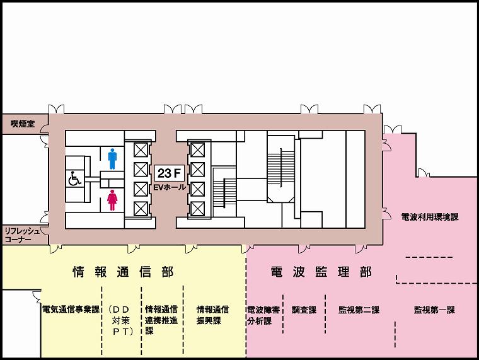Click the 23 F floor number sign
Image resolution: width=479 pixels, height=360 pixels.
[x=170, y=173]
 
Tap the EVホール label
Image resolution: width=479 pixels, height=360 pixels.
[x=170, y=187]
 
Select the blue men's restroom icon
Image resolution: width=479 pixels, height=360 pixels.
[x=112, y=159]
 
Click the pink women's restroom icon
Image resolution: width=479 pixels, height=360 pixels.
[x=112, y=200]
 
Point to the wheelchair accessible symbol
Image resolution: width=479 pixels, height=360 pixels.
[x=74, y=178]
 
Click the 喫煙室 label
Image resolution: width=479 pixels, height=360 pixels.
[x=23, y=124]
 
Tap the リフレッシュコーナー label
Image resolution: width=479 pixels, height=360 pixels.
[x=22, y=235]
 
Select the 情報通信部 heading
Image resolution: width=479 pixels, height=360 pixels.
[x=123, y=272]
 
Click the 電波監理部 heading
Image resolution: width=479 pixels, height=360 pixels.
[x=321, y=272]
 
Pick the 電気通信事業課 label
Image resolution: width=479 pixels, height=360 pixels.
[x=71, y=310]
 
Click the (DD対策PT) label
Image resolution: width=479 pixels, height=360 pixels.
[x=121, y=320]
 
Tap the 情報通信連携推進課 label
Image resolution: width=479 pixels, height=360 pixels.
[x=161, y=320]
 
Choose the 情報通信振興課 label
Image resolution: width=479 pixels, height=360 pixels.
[x=212, y=315]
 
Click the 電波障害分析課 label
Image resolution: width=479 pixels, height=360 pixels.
[x=263, y=315]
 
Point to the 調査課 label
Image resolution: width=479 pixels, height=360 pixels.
[x=304, y=310]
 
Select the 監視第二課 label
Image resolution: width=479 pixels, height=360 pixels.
[x=359, y=310]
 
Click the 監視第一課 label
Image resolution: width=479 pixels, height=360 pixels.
[x=434, y=310]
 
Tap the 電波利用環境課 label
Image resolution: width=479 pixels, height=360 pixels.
[x=430, y=217]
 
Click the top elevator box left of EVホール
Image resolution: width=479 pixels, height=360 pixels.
[x=141, y=150]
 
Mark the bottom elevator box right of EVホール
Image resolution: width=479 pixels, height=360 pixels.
[x=198, y=209]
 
